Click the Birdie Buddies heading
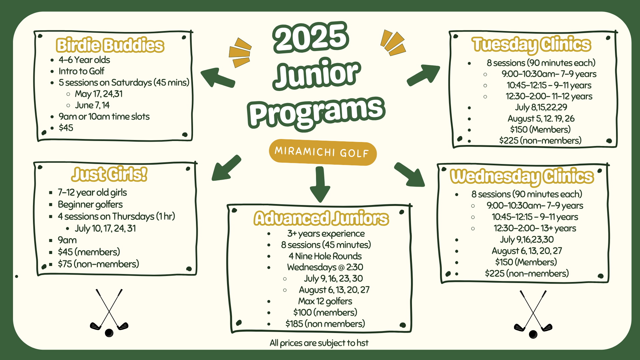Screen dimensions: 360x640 point(110,46)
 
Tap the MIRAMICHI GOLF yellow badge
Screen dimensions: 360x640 point(322,152)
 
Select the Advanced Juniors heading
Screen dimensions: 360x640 point(321,218)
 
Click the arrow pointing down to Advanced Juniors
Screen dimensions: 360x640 point(320,185)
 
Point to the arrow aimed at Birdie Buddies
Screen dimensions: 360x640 point(217,78)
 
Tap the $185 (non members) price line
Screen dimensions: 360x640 point(325,324)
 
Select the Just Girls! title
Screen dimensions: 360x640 point(109,174)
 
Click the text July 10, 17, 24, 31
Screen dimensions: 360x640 point(105,228)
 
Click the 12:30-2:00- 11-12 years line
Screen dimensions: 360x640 point(549,96)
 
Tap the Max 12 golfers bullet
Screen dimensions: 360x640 point(325,301)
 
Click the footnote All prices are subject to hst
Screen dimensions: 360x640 point(319,343)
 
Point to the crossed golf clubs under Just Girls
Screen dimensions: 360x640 point(109,313)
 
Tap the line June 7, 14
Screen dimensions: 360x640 point(92,105)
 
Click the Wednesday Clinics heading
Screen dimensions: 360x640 point(522,176)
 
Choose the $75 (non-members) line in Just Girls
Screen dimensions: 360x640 point(98,264)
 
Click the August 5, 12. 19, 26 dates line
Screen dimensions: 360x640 point(541,119)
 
